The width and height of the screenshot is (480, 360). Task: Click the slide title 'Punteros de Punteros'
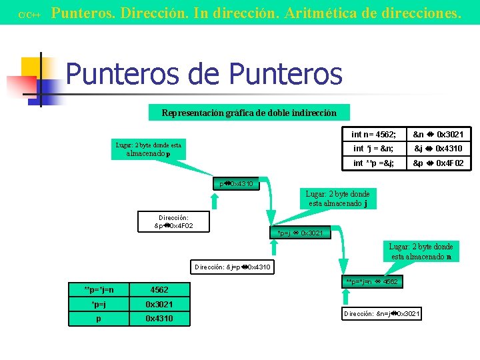(203, 74)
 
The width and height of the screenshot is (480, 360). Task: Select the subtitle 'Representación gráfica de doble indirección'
(249, 113)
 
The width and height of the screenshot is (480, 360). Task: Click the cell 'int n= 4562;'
(374, 134)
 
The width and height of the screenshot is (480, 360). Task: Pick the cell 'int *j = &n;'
(374, 148)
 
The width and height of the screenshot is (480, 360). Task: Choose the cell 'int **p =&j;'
(374, 163)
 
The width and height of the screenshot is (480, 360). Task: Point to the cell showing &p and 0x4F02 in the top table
(438, 163)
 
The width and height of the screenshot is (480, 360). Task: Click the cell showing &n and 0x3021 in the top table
(438, 134)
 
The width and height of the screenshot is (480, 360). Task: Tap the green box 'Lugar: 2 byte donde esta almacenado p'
(148, 149)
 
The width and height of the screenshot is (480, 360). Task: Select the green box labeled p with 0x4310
(236, 183)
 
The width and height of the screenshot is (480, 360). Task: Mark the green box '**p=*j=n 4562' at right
(372, 282)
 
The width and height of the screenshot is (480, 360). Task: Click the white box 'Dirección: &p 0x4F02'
(173, 221)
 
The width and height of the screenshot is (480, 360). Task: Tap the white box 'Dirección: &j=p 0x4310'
(233, 267)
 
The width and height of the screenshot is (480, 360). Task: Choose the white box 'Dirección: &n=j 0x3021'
(382, 313)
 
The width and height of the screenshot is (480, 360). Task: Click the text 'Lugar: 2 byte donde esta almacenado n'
(421, 251)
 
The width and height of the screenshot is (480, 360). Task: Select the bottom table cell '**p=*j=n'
(99, 290)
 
